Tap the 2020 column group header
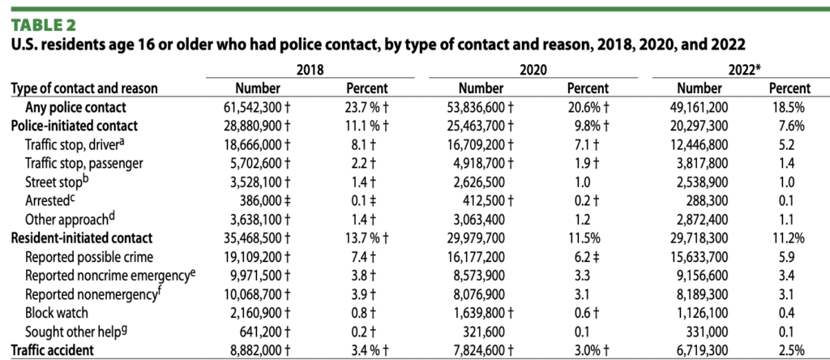(x=529, y=71)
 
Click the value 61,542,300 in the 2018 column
(x=254, y=107)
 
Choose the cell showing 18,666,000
(x=254, y=144)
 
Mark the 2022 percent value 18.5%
(x=785, y=107)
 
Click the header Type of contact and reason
(x=83, y=88)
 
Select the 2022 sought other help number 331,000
(x=706, y=332)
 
